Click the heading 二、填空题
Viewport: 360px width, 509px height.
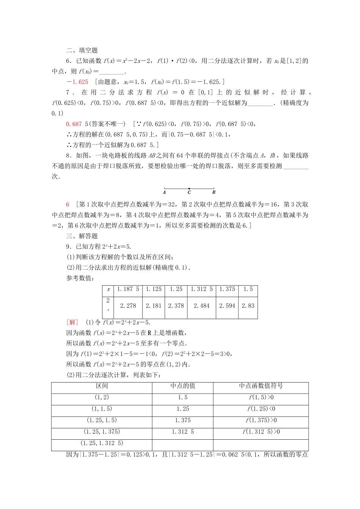[82, 50]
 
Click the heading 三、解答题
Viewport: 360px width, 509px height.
[82, 236]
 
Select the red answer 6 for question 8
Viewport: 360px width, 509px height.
[68, 205]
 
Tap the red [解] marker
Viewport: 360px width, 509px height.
[72, 322]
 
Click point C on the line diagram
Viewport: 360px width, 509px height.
[189, 188]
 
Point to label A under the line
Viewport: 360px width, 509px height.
[164, 192]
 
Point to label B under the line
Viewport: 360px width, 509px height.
[214, 192]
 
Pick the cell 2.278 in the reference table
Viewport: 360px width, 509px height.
[128, 306]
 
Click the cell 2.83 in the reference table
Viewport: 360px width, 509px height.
[248, 306]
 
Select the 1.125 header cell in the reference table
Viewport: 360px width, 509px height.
[154, 289]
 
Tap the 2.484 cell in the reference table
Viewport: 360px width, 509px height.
[202, 306]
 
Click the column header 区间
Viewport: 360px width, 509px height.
[102, 386]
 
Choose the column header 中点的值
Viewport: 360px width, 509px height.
[183, 386]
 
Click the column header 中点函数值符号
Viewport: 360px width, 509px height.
[261, 386]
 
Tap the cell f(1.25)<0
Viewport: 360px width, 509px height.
[261, 409]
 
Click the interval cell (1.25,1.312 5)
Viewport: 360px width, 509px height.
[102, 443]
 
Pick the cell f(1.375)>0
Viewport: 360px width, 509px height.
[261, 420]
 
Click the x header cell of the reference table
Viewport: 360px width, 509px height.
[108, 289]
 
